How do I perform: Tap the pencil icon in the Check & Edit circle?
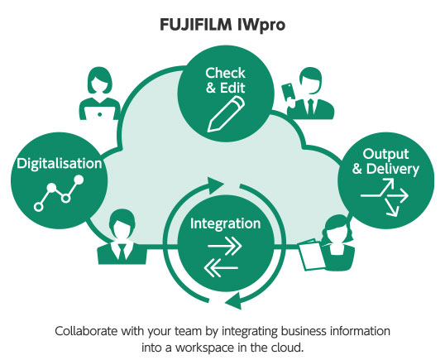click(223, 111)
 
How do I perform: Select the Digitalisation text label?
click(60, 163)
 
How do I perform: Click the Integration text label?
click(226, 223)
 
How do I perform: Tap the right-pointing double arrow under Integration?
click(226, 246)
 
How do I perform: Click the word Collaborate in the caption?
click(86, 330)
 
